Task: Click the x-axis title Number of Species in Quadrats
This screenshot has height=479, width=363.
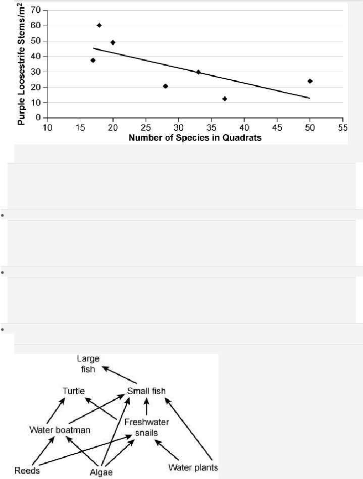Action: [195, 137]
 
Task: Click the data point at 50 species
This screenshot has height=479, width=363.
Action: [310, 81]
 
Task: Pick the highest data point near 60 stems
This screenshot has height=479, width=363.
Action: [99, 25]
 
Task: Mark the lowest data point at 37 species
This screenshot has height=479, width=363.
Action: [225, 99]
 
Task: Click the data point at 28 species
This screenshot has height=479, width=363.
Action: [166, 86]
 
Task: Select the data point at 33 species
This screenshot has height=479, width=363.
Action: [198, 72]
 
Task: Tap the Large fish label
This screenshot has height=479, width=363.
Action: [88, 363]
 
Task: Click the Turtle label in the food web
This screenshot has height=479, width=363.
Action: [74, 391]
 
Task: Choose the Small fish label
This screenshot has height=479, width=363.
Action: [146, 391]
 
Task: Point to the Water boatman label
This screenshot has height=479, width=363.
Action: [60, 431]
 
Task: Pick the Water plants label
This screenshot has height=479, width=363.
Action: [193, 468]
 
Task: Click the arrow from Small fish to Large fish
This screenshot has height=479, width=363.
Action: [119, 375]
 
